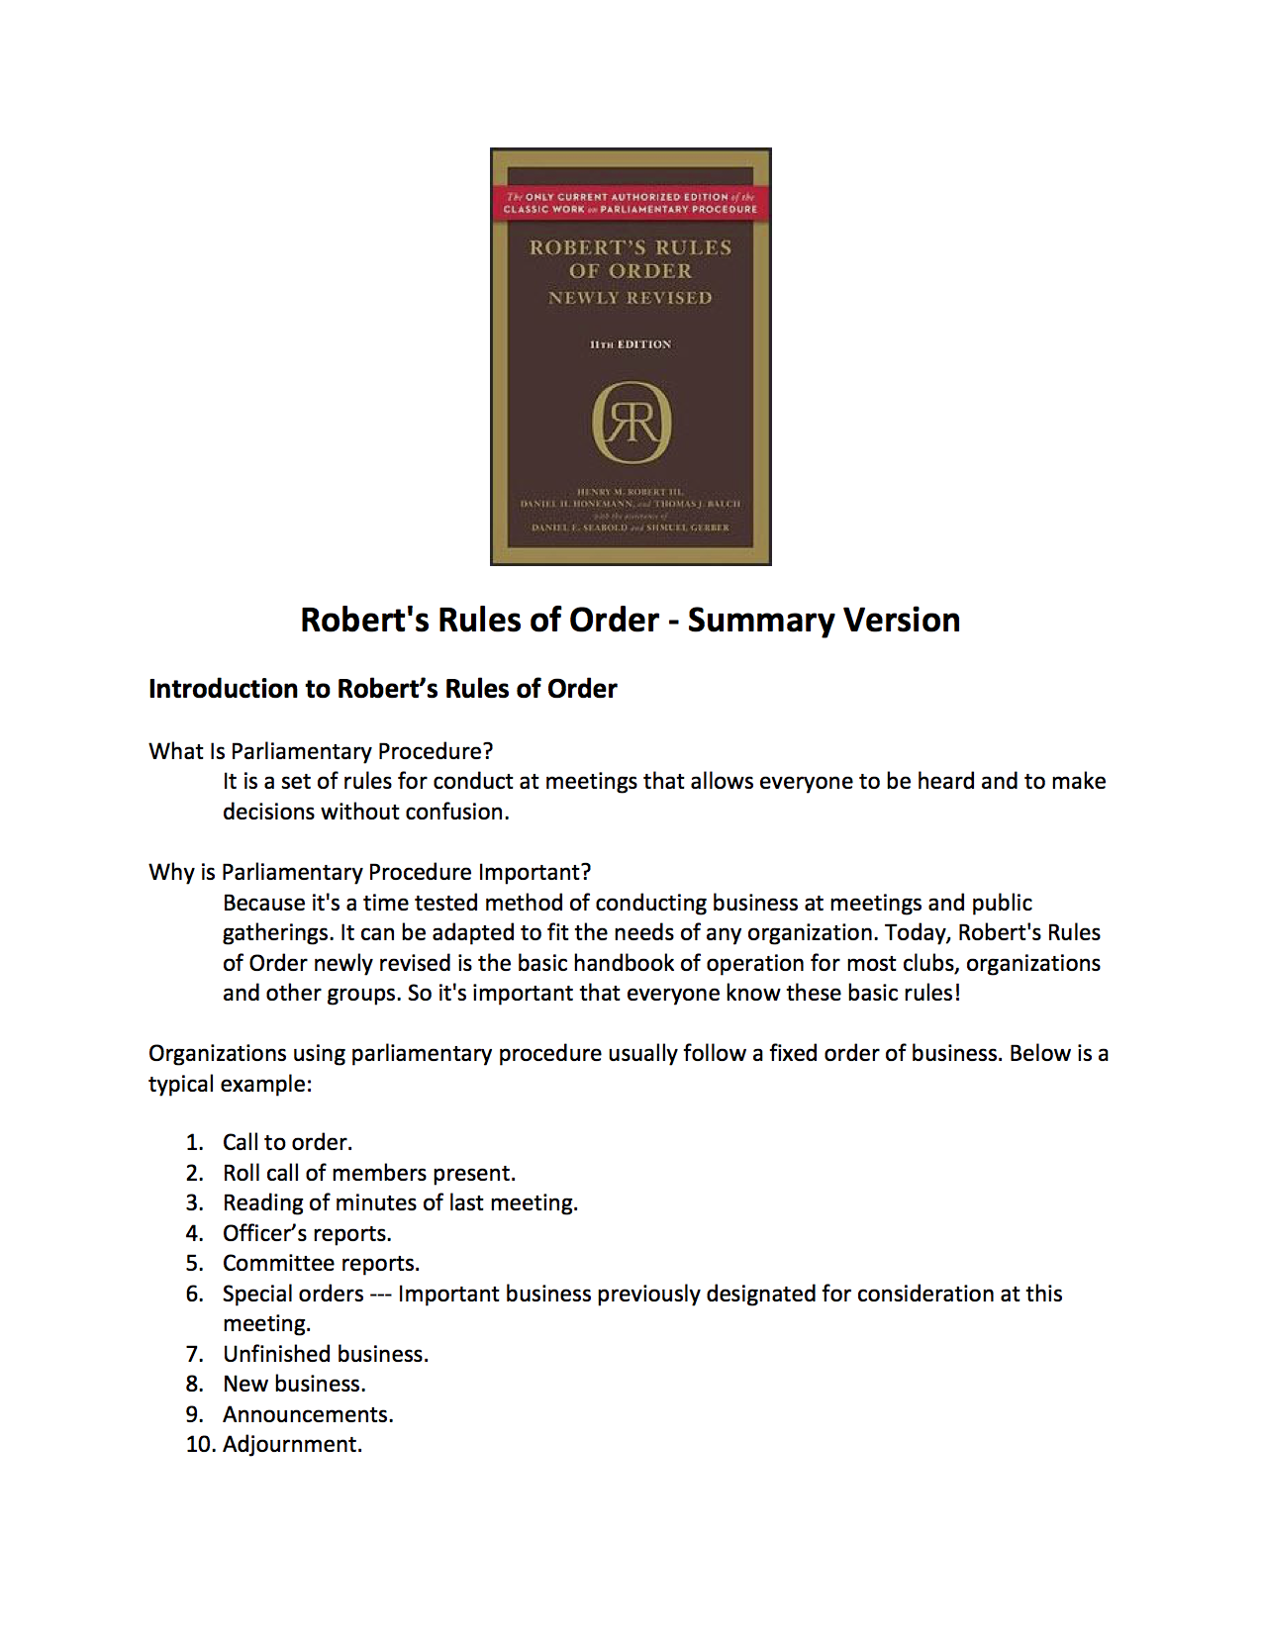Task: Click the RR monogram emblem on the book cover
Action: [631, 423]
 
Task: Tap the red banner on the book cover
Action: [631, 203]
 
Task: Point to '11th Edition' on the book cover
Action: [631, 344]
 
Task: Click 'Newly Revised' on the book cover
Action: [631, 298]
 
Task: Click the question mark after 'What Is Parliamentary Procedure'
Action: [487, 751]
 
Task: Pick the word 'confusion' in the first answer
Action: [461, 812]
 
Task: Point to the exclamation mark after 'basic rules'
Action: [957, 993]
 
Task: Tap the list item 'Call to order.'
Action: [287, 1142]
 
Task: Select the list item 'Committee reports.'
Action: [321, 1263]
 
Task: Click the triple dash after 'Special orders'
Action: [381, 1294]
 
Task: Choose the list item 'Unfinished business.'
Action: [326, 1354]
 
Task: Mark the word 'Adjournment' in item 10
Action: [290, 1445]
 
